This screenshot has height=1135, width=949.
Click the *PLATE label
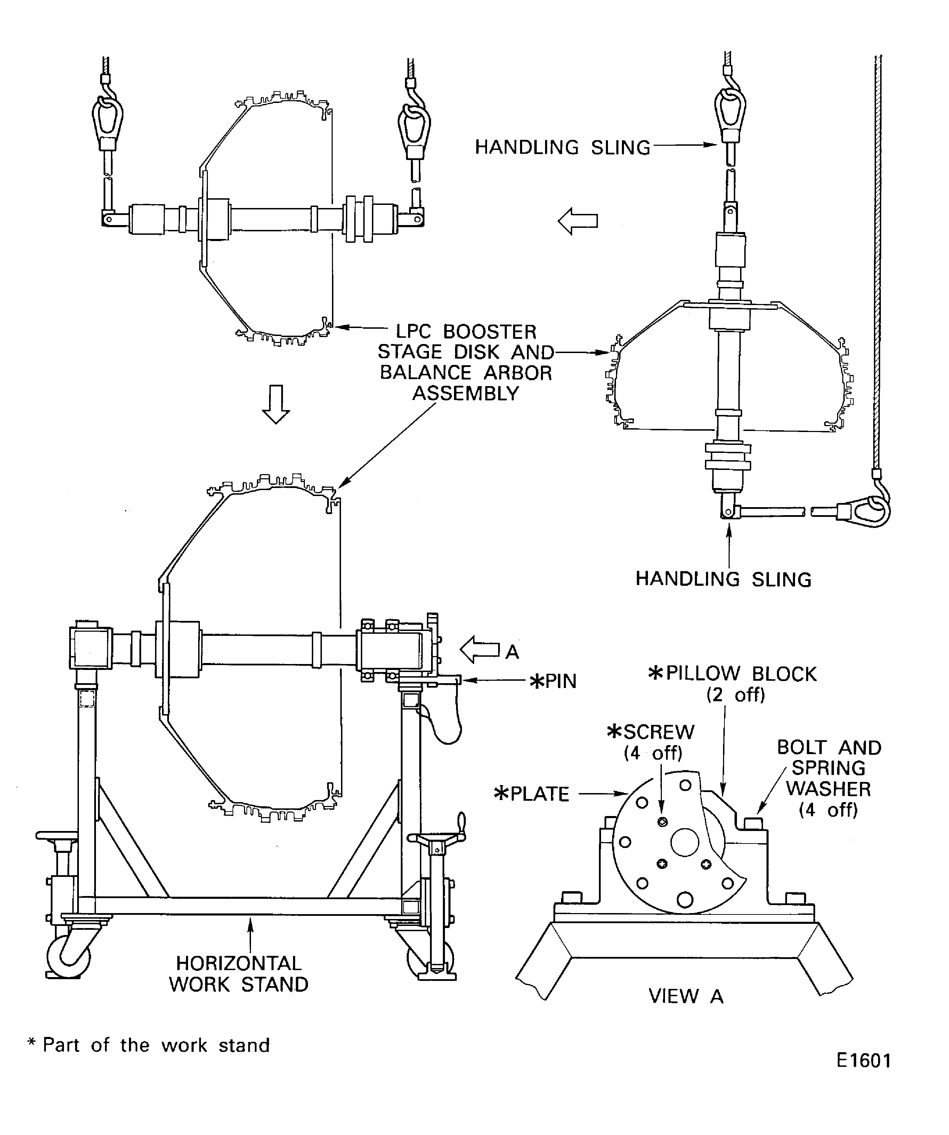(532, 794)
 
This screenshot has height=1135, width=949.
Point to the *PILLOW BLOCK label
(732, 674)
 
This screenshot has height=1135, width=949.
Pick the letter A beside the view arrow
(512, 652)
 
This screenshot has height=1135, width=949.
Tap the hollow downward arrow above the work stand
(276, 404)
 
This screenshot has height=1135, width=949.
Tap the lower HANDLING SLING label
(723, 579)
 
